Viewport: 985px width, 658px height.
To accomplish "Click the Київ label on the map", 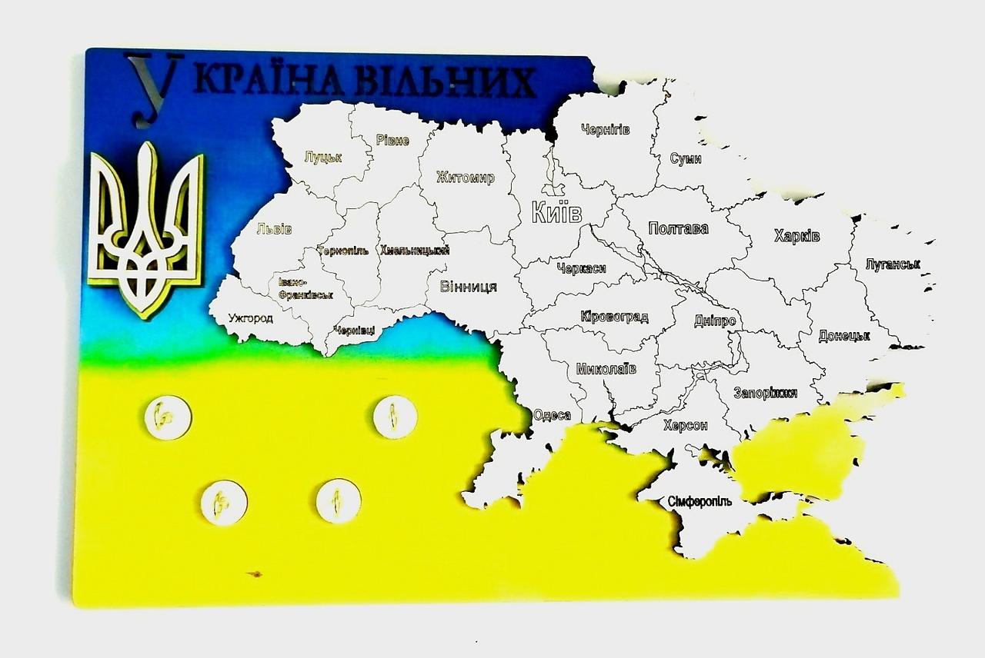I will click(x=556, y=212).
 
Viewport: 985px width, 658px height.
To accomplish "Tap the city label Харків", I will click(x=796, y=235).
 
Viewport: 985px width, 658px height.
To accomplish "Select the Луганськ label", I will click(x=893, y=264).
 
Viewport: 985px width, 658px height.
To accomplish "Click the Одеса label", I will click(x=552, y=415).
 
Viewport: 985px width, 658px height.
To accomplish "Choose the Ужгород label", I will click(x=250, y=318).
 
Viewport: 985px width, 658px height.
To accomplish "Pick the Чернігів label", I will click(x=606, y=129).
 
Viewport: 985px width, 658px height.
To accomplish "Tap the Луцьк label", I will click(x=322, y=157).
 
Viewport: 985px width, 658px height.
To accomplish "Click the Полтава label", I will click(x=678, y=228).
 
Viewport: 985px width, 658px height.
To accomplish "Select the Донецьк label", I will click(x=844, y=336).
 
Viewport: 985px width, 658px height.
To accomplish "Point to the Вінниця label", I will click(x=468, y=287).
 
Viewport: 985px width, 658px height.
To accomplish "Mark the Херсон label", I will click(x=685, y=425).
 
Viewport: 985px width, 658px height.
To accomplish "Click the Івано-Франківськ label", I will click(x=306, y=288).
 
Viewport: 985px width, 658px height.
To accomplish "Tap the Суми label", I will click(x=686, y=158).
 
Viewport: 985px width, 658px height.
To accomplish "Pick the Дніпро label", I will click(x=715, y=321).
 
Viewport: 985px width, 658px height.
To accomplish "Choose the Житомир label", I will click(x=465, y=178).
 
